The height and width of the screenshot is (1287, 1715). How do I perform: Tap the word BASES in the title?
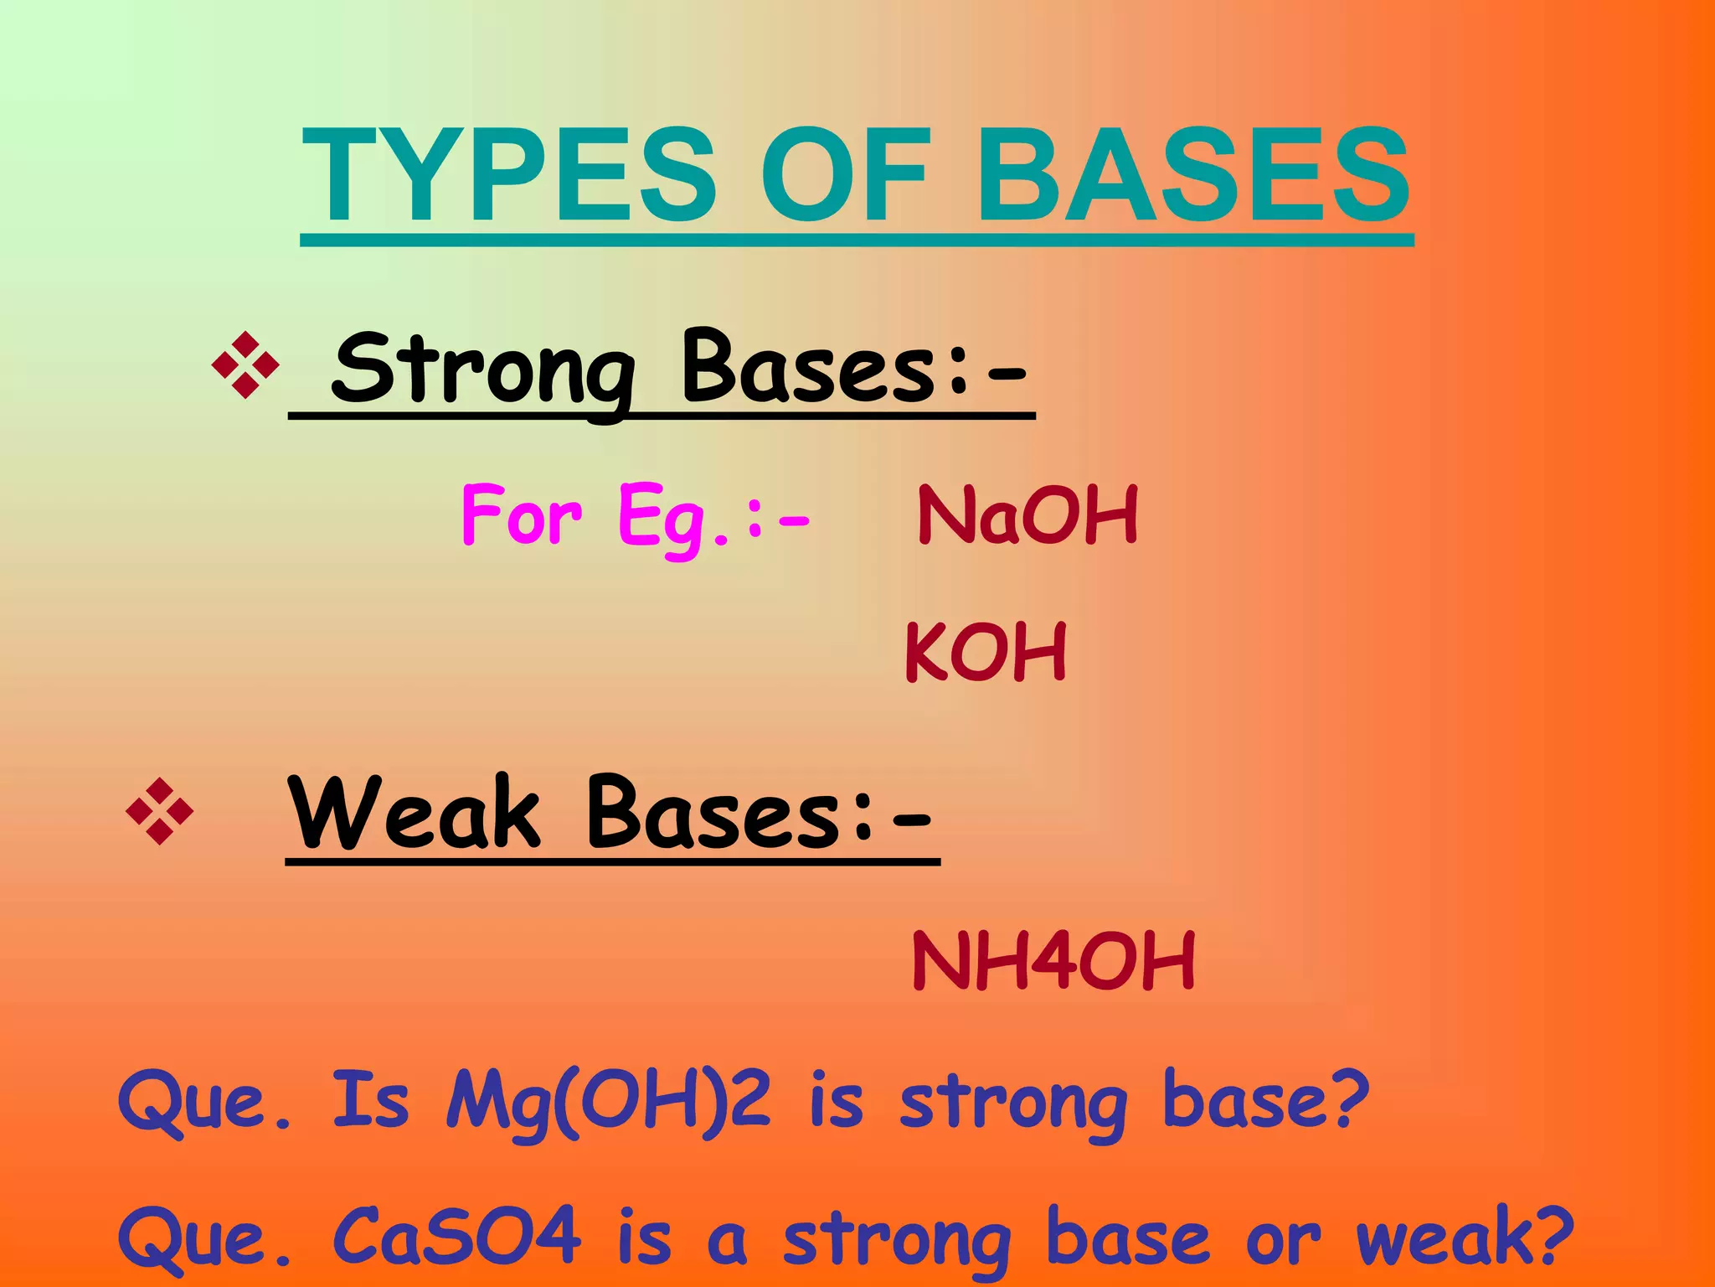tap(1192, 176)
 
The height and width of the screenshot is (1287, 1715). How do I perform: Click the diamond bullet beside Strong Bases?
tap(245, 365)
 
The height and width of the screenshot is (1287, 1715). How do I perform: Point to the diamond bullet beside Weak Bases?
tap(159, 811)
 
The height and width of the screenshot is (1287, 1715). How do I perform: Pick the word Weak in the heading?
tap(414, 813)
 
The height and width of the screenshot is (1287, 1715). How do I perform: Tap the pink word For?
tap(521, 514)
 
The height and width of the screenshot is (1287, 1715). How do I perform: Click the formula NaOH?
tap(1028, 514)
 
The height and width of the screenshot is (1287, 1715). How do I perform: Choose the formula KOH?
tap(986, 652)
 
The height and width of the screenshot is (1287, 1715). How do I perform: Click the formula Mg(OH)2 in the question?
tap(607, 1101)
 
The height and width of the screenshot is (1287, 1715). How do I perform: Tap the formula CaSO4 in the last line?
tap(457, 1237)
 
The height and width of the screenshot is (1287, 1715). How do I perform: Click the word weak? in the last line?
tap(1465, 1237)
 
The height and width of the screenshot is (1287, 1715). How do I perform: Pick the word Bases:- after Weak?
tap(758, 813)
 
